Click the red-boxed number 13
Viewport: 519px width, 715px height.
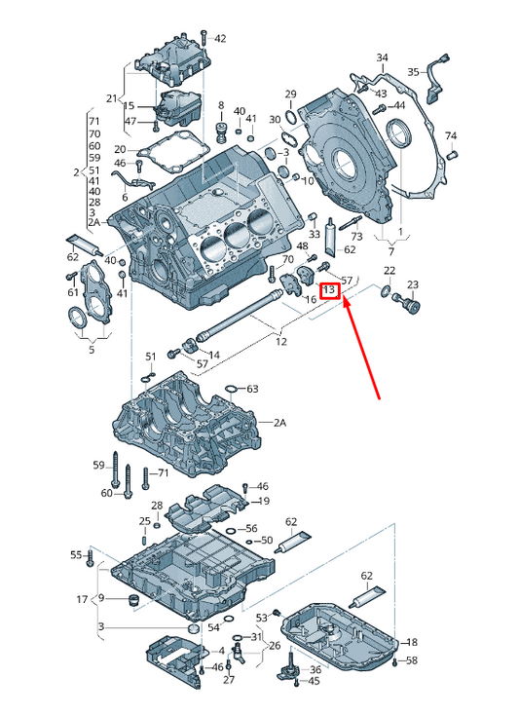(329, 290)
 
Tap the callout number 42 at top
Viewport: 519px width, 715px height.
(220, 39)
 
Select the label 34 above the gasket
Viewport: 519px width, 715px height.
(382, 57)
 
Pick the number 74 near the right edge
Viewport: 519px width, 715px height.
(451, 135)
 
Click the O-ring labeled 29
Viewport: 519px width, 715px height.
(289, 119)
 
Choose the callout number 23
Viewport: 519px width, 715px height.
(412, 284)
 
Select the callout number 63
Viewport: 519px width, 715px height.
(252, 389)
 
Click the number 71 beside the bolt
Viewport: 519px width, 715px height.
(164, 472)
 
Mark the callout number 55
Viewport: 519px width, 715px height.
(76, 554)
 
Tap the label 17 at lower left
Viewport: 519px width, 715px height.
(82, 598)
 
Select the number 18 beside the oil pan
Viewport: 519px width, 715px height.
(412, 643)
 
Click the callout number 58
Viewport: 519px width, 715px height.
(412, 661)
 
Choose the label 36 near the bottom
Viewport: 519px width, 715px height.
(315, 669)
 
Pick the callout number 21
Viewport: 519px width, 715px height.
(110, 98)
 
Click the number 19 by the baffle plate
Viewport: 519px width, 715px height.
(263, 502)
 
